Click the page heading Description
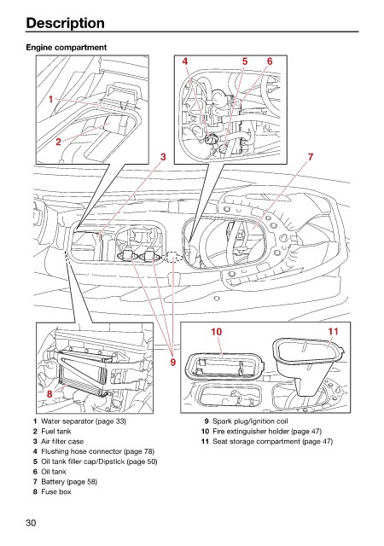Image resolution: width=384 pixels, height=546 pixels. [65, 23]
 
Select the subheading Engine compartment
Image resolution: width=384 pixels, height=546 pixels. [67, 48]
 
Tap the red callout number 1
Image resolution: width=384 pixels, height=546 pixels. [50, 100]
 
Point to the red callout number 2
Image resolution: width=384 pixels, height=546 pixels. [58, 142]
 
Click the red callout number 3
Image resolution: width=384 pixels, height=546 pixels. [163, 157]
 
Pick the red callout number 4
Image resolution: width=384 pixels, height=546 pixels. [185, 61]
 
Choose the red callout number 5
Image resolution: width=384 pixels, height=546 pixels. [245, 61]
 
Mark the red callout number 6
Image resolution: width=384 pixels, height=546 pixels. [270, 61]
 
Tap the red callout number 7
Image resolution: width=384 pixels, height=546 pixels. [310, 157]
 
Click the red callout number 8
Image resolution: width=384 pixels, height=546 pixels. [49, 393]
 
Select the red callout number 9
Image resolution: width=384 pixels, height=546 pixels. [173, 362]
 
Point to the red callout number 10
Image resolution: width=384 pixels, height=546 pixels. [217, 332]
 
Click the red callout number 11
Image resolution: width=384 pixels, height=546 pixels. [333, 332]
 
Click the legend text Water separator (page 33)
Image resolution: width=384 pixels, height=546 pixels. [84, 421]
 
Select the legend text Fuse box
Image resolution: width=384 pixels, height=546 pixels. [56, 492]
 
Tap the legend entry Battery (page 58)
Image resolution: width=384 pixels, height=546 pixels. [69, 482]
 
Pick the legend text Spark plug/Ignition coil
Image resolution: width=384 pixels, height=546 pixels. [251, 421]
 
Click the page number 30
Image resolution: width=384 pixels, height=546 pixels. [31, 523]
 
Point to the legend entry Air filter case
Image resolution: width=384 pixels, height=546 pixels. [62, 442]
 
